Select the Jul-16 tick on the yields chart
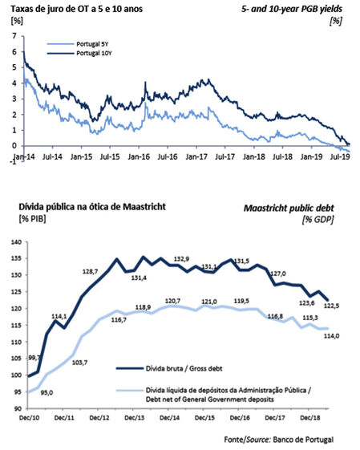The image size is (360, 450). point(168,156)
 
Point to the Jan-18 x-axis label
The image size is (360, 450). point(254,156)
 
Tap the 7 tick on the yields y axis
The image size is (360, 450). point(14,36)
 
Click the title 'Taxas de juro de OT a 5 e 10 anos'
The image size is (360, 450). point(77,9)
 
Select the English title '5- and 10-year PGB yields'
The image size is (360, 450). point(292,9)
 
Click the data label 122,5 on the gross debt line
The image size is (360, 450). point(331,306)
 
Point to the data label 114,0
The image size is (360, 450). point(331,335)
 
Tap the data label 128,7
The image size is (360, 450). point(90,271)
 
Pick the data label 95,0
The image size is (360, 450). point(47,392)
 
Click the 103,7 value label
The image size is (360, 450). point(79,363)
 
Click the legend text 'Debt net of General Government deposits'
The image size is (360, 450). point(210,399)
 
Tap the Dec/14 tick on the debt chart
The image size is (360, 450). point(169,418)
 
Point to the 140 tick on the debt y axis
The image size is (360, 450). point(16,242)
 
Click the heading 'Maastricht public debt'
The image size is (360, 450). point(289,208)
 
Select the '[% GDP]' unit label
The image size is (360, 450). point(318,220)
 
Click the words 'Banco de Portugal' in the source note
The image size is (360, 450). point(303,440)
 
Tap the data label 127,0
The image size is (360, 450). point(278,274)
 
